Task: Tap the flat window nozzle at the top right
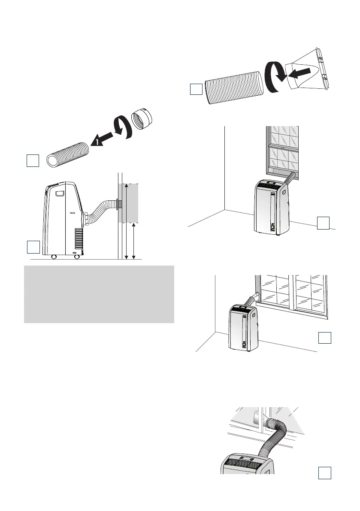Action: pyautogui.click(x=310, y=71)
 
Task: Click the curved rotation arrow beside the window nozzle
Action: pyautogui.click(x=275, y=77)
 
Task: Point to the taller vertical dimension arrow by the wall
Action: pyautogui.click(x=126, y=221)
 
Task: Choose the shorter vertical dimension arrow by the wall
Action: pyautogui.click(x=135, y=241)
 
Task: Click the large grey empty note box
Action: pyautogui.click(x=99, y=294)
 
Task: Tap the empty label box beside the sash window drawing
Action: pyautogui.click(x=324, y=223)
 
